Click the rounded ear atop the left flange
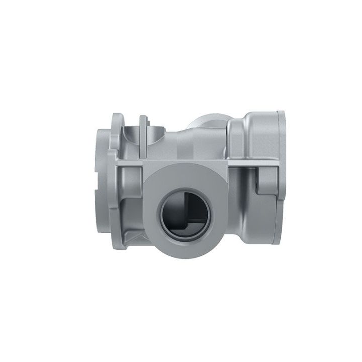(x=117, y=120)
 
